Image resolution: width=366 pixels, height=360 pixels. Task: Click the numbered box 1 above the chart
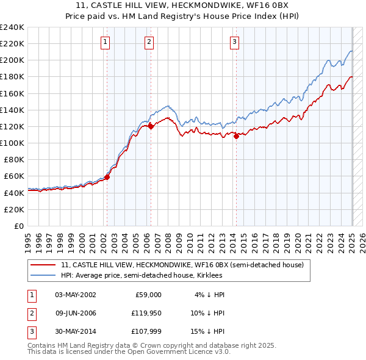point(106,42)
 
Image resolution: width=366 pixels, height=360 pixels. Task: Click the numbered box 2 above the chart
point(149,42)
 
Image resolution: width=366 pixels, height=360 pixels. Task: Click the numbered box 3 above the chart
point(235,42)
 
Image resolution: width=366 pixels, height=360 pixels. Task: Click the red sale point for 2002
point(107,177)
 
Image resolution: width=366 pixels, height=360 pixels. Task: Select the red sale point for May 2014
point(236,137)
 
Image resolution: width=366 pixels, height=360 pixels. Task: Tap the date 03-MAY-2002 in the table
point(76,295)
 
